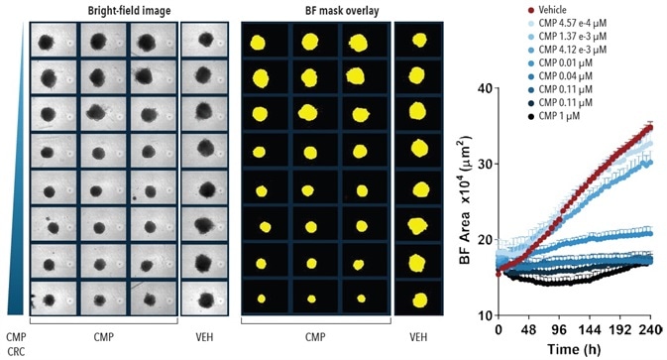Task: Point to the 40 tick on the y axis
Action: pos(485,87)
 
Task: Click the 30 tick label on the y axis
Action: pos(485,164)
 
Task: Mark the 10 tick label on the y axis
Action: pos(485,315)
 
